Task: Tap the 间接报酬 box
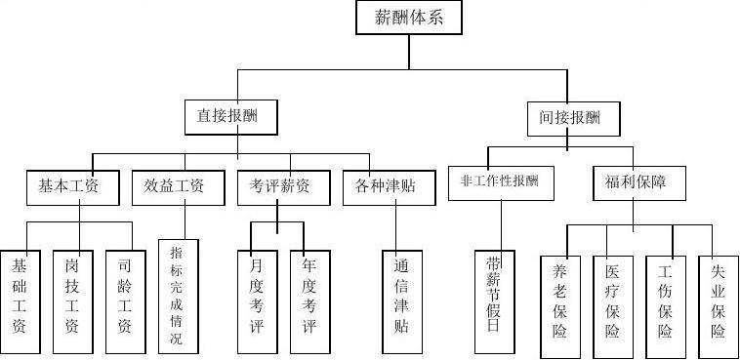[x=576, y=118]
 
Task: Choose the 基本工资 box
[x=73, y=185]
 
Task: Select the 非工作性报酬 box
[x=499, y=181]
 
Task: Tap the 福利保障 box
[x=633, y=181]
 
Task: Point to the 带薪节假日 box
[x=494, y=299]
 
